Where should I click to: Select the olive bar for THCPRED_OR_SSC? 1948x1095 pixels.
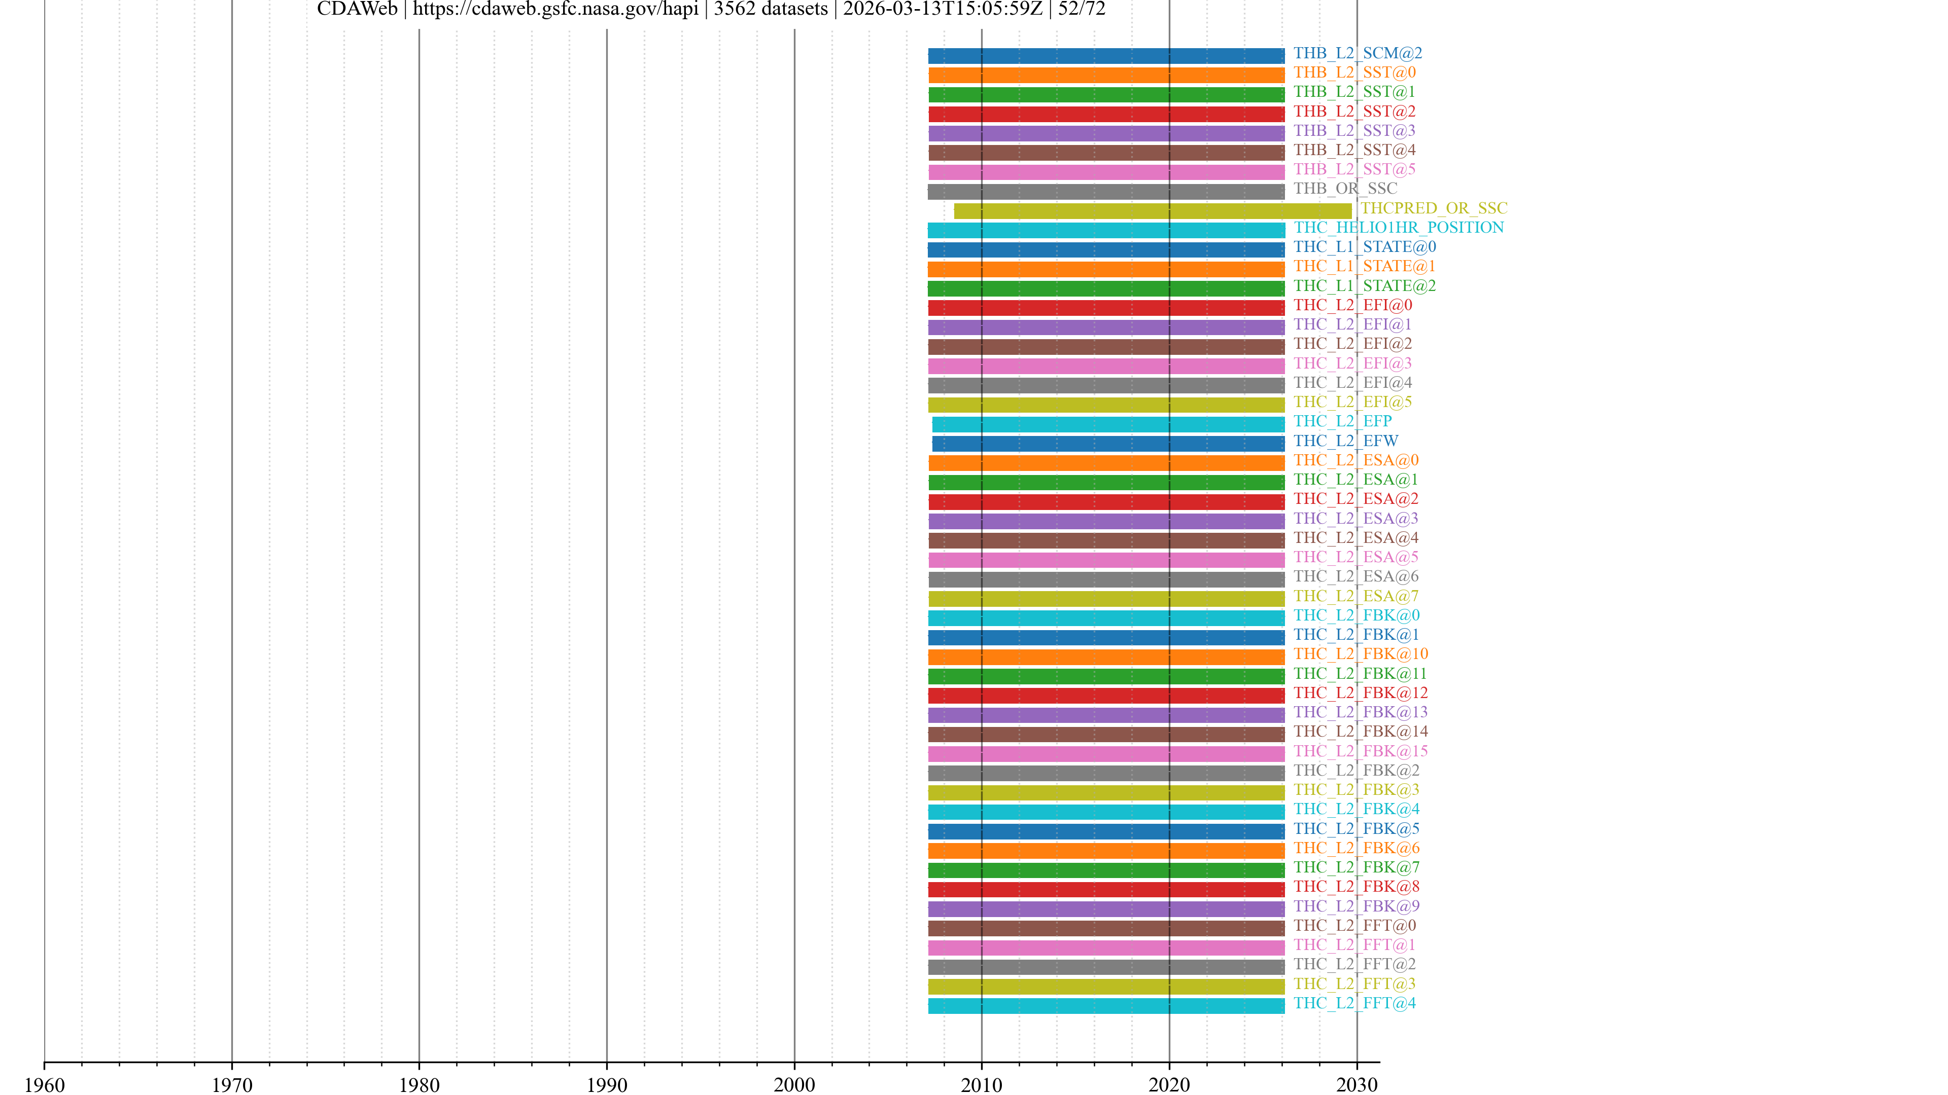click(x=1153, y=211)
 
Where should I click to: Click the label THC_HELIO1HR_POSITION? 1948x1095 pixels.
click(x=1398, y=228)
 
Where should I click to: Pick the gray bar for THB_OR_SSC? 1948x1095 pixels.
click(x=1105, y=191)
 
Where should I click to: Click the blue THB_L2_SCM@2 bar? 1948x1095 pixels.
click(x=1105, y=56)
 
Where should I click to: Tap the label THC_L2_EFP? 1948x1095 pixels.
click(x=1342, y=421)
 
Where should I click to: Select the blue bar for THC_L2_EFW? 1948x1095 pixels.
click(x=1108, y=444)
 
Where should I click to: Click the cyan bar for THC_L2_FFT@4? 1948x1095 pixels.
click(x=1105, y=1006)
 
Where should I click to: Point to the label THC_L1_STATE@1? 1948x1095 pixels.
click(x=1364, y=266)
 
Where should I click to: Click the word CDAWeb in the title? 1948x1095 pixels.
click(x=357, y=9)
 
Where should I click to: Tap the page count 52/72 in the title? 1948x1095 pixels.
click(x=1082, y=9)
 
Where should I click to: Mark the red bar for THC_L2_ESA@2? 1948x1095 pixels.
click(x=1105, y=502)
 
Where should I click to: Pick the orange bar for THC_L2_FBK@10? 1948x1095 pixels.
click(x=1105, y=656)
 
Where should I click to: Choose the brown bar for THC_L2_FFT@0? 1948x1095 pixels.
click(x=1105, y=928)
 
